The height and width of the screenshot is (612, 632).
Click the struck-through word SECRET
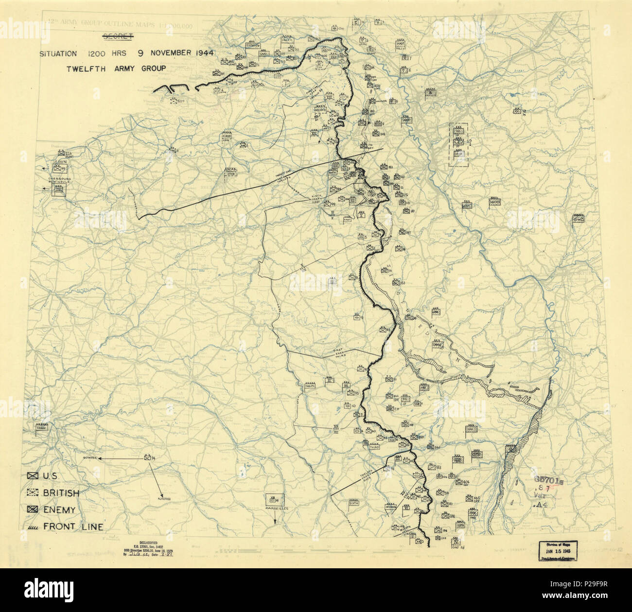[115, 36]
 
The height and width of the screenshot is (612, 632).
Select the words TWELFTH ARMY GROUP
[116, 68]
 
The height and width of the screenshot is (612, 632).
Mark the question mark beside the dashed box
[471, 142]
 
